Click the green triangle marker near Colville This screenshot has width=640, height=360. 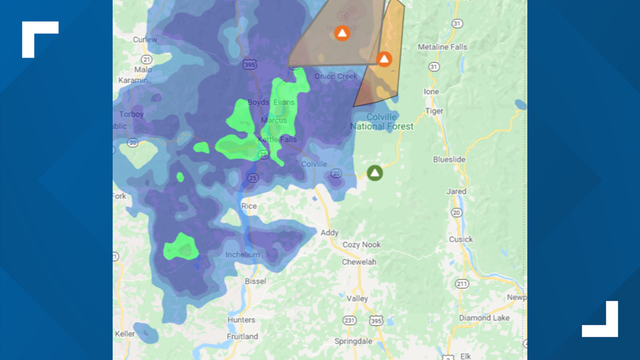(374, 172)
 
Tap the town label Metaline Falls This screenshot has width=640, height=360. (442, 47)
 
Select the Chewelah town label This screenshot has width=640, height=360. (359, 262)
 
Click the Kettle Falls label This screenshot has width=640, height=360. (277, 139)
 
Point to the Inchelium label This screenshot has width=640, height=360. (243, 254)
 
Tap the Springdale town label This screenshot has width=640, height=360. (353, 341)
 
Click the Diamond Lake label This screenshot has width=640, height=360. (484, 318)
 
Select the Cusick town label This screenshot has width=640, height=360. (460, 239)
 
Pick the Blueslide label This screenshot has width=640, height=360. (449, 160)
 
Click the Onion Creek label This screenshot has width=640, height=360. (336, 76)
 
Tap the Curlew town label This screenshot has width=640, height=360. (145, 39)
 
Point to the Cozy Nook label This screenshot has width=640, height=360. (362, 245)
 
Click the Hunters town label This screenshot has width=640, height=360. (241, 320)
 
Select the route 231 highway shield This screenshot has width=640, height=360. (349, 321)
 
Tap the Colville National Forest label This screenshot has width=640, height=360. (382, 122)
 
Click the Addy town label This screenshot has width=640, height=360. (330, 233)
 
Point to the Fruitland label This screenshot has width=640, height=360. (243, 336)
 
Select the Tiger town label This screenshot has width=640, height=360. (434, 111)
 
